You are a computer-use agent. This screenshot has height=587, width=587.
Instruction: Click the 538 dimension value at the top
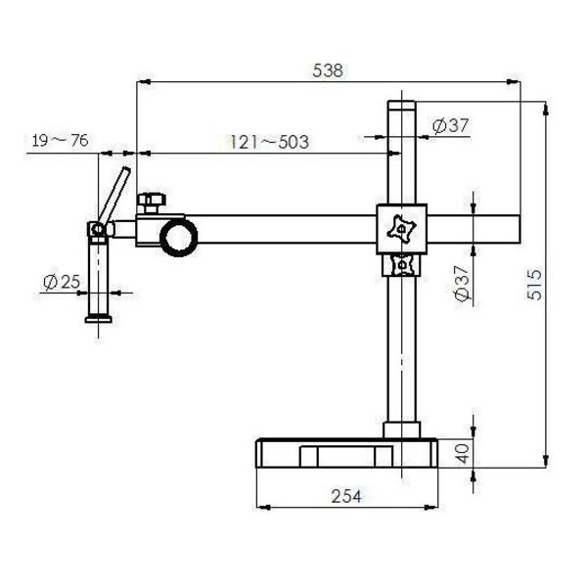[327, 70]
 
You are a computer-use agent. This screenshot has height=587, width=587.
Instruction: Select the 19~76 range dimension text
[59, 141]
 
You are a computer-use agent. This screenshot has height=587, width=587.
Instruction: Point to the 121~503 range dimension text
[269, 143]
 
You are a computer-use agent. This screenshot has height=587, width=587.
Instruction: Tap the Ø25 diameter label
[61, 283]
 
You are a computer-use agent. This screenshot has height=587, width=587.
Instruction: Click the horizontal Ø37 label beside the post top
[450, 125]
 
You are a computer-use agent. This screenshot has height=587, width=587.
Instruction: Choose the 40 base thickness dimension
[463, 452]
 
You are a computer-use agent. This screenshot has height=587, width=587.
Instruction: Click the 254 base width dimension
[344, 496]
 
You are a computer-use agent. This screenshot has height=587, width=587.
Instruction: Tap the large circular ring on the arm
[179, 236]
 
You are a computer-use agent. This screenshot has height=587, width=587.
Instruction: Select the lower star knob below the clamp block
[401, 264]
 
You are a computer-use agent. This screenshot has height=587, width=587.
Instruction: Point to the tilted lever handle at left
[115, 196]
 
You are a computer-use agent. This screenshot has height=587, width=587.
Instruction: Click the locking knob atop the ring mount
[151, 203]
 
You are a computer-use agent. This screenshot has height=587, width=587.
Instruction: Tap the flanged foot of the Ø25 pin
[98, 317]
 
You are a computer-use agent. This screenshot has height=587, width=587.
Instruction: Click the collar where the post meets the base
[401, 429]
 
